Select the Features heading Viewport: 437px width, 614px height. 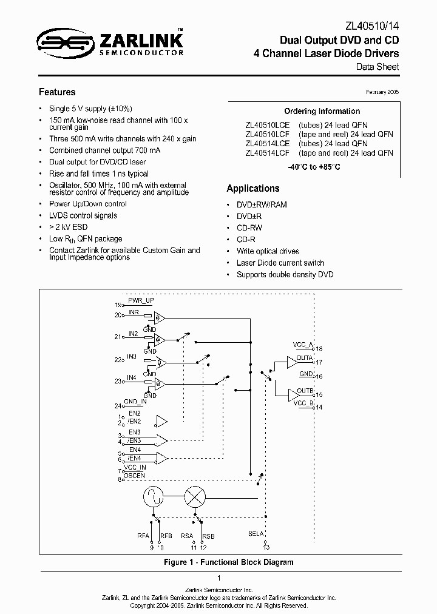tap(57, 92)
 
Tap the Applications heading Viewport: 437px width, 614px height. tap(253, 189)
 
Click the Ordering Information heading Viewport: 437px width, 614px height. tap(322, 112)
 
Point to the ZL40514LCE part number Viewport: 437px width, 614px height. tap(268, 144)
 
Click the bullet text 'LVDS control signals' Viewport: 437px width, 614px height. tap(83, 215)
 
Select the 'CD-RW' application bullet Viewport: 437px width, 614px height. tap(249, 228)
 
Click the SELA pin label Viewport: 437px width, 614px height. tap(256, 533)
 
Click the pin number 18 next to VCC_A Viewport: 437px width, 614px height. tap(319, 348)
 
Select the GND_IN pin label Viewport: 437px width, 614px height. tap(135, 402)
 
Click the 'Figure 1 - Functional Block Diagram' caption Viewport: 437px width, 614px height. tap(228, 562)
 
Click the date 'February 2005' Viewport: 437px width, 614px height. tap(382, 92)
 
